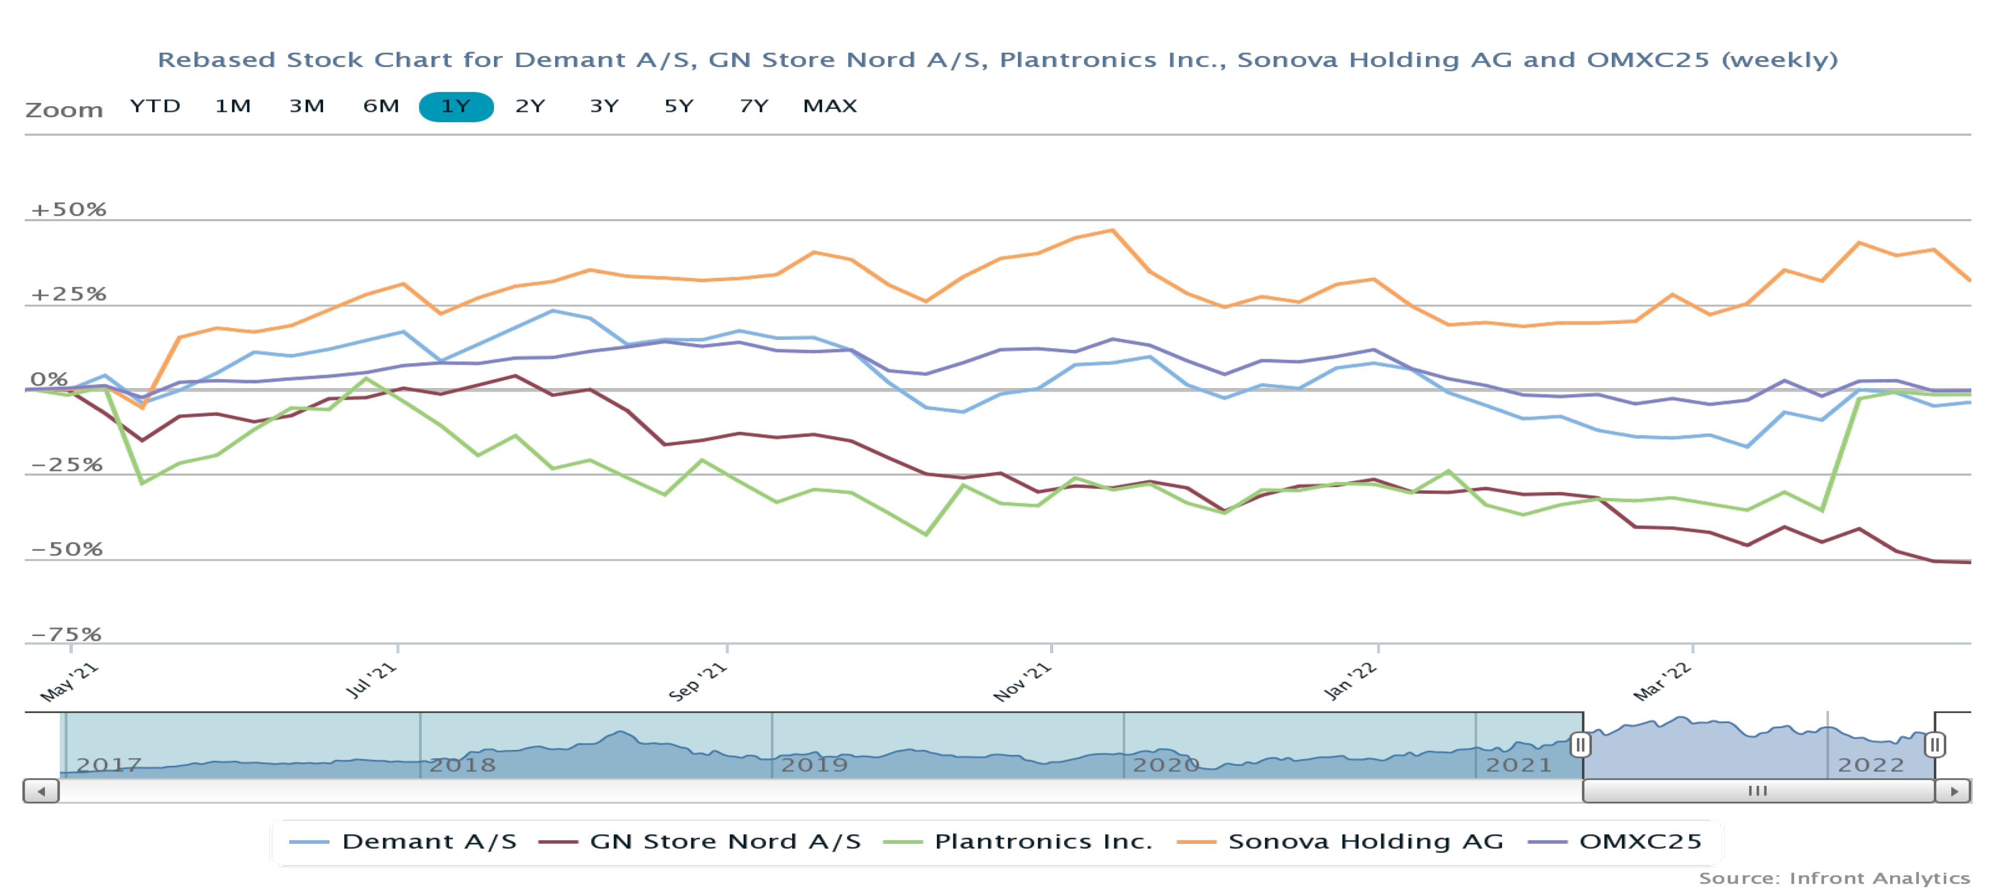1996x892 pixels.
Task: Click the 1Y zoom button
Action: pyautogui.click(x=456, y=106)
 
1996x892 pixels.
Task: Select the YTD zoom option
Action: pyautogui.click(x=155, y=106)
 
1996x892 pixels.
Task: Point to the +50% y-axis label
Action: pyautogui.click(x=68, y=209)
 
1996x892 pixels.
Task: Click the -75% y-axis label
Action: pyautogui.click(x=67, y=634)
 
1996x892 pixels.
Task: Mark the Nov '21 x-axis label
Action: pyautogui.click(x=1022, y=681)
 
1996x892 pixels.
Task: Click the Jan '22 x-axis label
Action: pyautogui.click(x=1350, y=681)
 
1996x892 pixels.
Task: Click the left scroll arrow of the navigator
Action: pyautogui.click(x=41, y=791)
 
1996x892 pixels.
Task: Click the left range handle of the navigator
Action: pyautogui.click(x=1580, y=745)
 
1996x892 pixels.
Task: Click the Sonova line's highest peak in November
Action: pyautogui.click(x=1113, y=230)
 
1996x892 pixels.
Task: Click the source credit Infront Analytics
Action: pyautogui.click(x=1833, y=878)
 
